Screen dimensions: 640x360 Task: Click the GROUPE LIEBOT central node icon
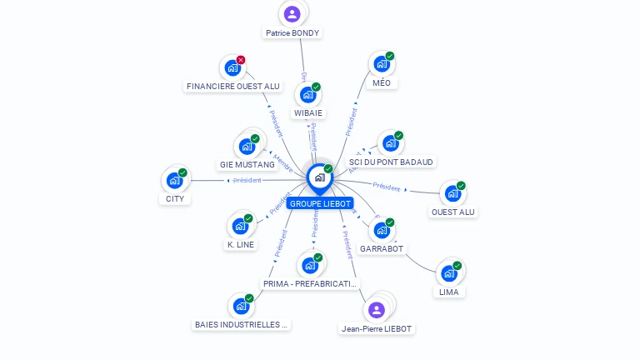[x=319, y=177]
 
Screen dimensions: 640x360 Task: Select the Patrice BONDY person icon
[x=292, y=13]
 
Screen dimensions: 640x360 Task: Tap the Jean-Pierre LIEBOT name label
[x=377, y=328]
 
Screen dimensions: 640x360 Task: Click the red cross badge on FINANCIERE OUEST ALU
[x=241, y=60]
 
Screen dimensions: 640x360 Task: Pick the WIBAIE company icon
[x=307, y=94]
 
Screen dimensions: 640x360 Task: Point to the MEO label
[x=382, y=82]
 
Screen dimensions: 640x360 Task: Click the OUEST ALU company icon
[x=452, y=193]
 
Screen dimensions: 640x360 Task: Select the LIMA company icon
[x=448, y=272]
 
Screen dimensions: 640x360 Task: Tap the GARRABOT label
[x=382, y=248]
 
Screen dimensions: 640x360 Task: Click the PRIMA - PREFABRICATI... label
[x=311, y=283]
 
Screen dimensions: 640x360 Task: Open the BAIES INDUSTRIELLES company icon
[x=241, y=306]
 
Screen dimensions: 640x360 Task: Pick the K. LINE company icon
[x=240, y=226]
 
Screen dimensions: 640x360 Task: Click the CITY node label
[x=175, y=198]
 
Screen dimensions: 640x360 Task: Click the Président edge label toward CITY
[x=247, y=180]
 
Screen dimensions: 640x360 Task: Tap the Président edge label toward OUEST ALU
[x=387, y=186]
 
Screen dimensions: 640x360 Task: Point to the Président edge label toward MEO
[x=352, y=122]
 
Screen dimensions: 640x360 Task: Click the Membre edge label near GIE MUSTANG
[x=283, y=162]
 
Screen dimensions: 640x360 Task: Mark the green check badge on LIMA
[x=457, y=266]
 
